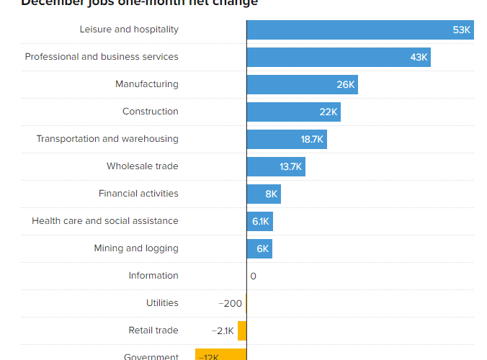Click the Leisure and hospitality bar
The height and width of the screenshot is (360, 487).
coord(360,30)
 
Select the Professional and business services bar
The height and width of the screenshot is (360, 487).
coord(339,58)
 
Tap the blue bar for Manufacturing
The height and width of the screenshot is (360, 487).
coord(303,85)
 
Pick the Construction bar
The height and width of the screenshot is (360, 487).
coord(294,112)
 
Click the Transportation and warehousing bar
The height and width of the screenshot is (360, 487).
coord(287,140)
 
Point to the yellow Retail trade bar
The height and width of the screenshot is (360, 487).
coord(242,330)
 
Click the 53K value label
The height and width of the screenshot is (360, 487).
coord(462,30)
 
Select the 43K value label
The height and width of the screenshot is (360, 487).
coord(419,58)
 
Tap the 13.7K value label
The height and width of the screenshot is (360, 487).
coord(291,167)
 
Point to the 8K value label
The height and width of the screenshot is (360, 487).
coord(272,194)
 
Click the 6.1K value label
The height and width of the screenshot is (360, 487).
coord(261,222)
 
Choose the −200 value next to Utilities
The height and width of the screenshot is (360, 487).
coord(231,304)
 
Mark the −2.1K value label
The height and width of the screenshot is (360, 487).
coord(223,331)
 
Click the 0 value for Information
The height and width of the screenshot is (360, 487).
coord(253,276)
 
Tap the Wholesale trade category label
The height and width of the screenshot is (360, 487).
coord(143,166)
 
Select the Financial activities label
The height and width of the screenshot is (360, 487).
coord(138,194)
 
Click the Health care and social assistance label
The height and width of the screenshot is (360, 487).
coord(105,221)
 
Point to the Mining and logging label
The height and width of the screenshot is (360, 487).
coord(136,248)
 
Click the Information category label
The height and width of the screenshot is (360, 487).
coord(153,276)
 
